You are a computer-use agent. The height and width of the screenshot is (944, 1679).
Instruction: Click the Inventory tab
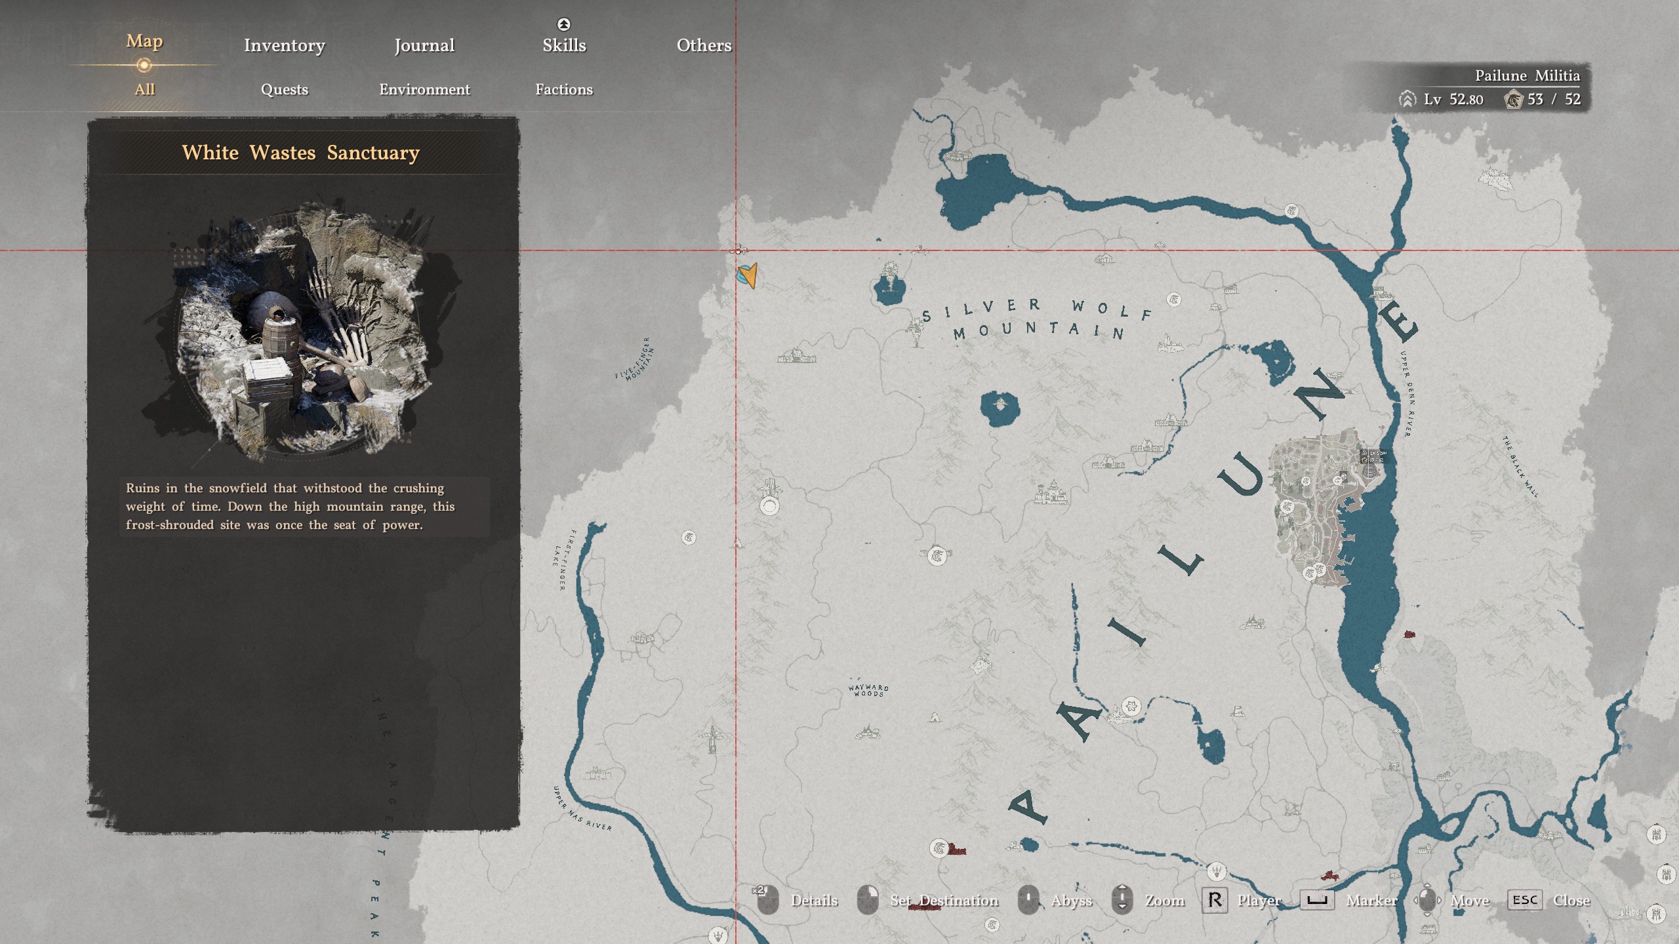point(284,45)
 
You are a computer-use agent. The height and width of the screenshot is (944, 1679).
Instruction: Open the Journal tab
point(424,45)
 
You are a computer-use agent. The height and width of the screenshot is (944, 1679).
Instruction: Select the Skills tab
point(564,45)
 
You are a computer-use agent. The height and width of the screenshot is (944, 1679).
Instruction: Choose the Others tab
point(704,45)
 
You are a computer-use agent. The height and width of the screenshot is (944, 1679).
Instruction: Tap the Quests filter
point(284,89)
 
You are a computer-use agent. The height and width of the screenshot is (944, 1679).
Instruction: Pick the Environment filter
point(424,89)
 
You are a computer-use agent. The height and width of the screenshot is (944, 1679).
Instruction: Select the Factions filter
point(564,89)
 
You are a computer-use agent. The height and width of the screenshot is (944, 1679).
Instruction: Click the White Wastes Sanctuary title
point(300,153)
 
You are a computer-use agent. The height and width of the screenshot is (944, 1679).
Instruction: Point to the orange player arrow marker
point(749,275)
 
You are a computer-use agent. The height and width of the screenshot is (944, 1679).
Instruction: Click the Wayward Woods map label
point(868,690)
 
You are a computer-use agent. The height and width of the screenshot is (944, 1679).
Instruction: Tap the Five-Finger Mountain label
point(635,359)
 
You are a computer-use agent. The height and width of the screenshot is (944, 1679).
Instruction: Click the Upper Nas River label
point(582,809)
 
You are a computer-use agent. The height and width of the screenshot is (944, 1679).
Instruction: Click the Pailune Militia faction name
point(1527,76)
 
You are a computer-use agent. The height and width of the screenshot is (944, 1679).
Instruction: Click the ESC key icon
point(1524,900)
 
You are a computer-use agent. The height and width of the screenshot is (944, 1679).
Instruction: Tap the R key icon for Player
point(1214,900)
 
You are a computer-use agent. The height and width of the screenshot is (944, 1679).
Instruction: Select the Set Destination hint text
point(944,901)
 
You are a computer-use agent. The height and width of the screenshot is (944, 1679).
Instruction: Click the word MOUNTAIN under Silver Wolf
point(1039,330)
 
